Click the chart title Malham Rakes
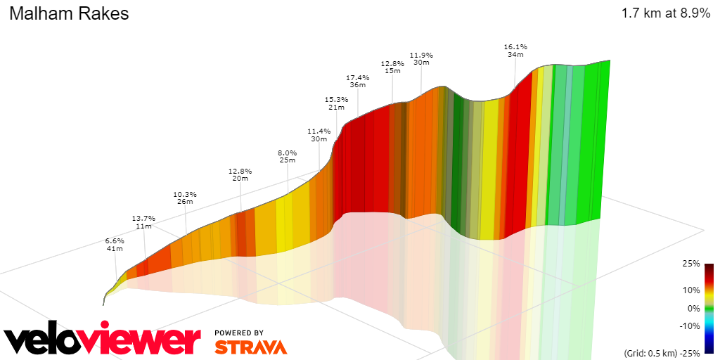tap(69, 13)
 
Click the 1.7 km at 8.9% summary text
tap(665, 13)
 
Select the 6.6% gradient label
tap(115, 240)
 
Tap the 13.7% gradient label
tap(143, 218)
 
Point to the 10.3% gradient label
tap(185, 194)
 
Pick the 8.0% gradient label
tap(287, 153)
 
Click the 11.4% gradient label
tap(319, 131)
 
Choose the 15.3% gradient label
tap(336, 99)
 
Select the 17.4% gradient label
tap(358, 77)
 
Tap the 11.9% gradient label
tap(421, 55)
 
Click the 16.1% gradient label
tap(515, 46)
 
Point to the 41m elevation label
tap(115, 249)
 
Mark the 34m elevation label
tap(515, 55)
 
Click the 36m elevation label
tap(358, 85)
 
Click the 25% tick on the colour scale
tap(691, 264)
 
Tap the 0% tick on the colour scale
tap(693, 308)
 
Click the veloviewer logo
tap(102, 340)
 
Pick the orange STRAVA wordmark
tap(250, 347)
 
